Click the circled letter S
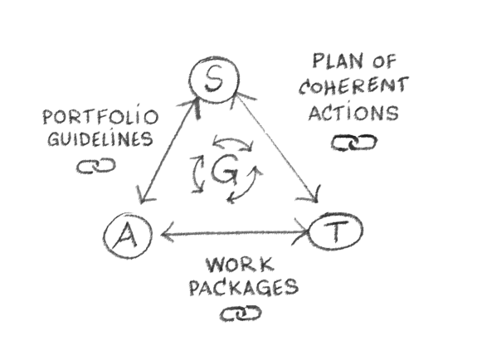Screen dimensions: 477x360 point(215,79)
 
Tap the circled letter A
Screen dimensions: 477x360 point(128,235)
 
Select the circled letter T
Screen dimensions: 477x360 point(335,231)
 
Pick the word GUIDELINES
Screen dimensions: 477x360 point(100,139)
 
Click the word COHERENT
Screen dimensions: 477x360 point(353,85)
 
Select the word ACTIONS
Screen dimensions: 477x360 point(353,113)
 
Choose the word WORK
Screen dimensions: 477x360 point(240,265)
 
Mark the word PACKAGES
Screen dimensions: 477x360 point(244,287)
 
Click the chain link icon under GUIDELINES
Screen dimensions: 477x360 point(96,166)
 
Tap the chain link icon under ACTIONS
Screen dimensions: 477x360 point(353,143)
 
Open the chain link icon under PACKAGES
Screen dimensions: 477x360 point(241,314)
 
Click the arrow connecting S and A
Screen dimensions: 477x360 point(168,151)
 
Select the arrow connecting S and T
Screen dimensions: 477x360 point(276,148)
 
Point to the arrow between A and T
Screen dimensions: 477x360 point(235,234)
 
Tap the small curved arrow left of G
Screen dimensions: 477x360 point(197,173)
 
